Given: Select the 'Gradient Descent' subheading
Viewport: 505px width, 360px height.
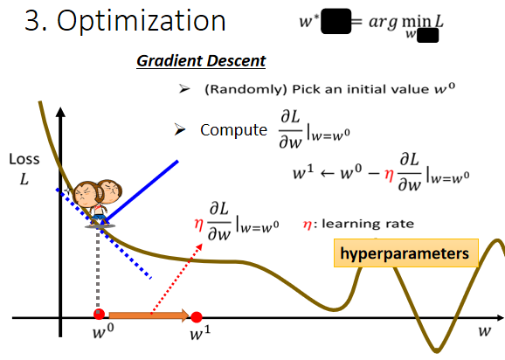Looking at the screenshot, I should point(201,61).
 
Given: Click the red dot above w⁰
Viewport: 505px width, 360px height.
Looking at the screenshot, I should point(100,315).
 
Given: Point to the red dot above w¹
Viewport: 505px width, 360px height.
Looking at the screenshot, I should point(197,315).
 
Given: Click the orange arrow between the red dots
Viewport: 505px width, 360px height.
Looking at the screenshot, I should point(149,315).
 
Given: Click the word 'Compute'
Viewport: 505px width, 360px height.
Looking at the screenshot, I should point(233,130).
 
